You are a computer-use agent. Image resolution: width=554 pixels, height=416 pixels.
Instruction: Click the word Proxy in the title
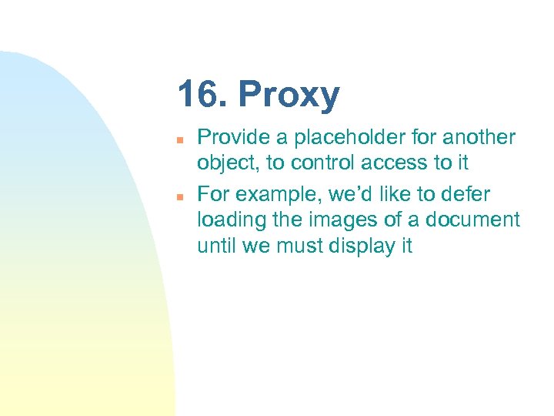(289, 96)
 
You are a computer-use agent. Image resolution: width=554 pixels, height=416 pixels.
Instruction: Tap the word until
(217, 246)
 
